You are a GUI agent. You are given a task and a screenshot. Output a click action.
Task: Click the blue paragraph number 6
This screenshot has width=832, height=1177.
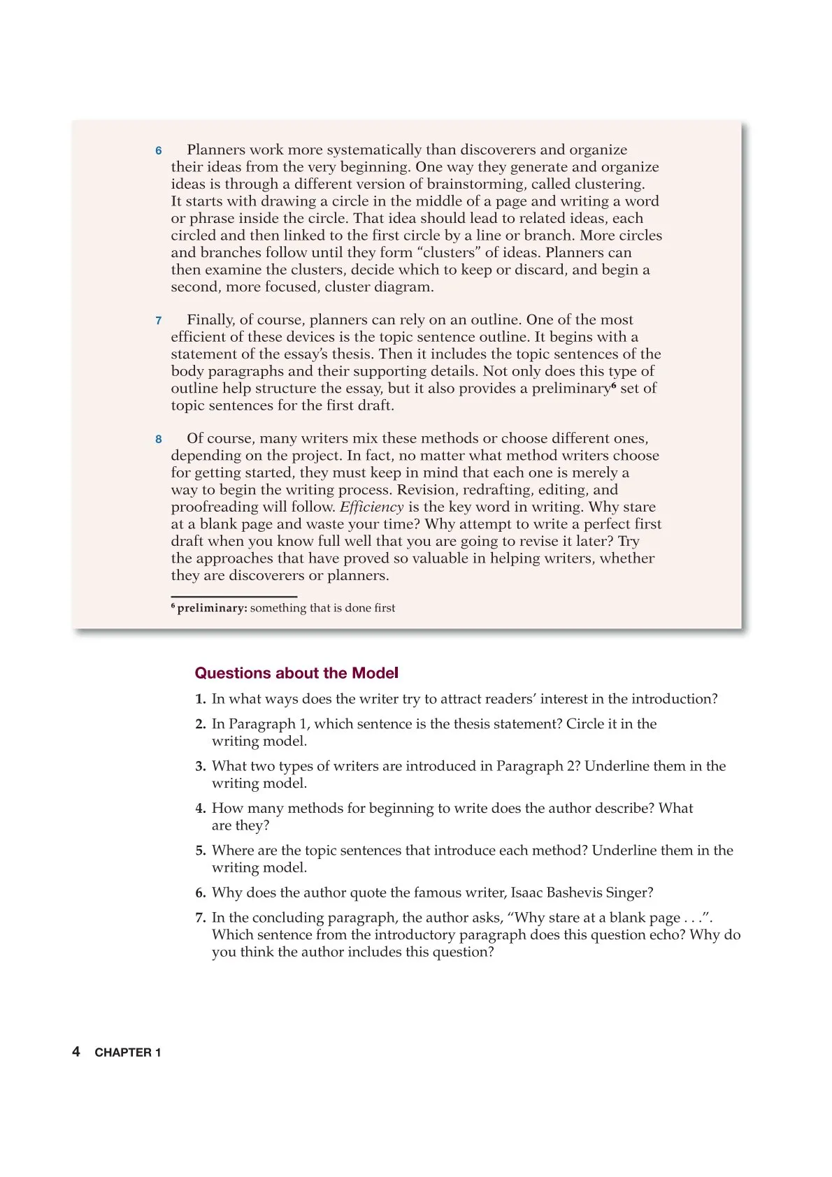159,151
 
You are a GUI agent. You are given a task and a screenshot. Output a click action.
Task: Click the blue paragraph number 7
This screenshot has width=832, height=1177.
159,321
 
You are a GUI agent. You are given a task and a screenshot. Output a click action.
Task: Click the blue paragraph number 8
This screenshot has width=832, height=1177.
159,440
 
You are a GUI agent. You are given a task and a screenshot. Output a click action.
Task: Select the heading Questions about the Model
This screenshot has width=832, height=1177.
296,673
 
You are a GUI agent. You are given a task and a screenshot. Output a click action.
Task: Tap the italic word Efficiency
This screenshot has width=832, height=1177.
371,507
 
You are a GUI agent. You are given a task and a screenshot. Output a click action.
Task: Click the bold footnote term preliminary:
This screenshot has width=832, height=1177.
212,608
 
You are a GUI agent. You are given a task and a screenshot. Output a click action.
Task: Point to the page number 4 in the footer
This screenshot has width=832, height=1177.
76,1051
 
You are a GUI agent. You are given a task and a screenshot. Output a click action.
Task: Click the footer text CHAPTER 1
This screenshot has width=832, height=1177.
128,1053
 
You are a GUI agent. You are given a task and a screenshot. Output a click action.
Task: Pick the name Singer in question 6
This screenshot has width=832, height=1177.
628,893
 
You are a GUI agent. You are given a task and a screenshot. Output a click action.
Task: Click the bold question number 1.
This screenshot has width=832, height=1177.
200,699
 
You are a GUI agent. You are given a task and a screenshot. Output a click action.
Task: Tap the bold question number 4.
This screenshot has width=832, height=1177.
200,809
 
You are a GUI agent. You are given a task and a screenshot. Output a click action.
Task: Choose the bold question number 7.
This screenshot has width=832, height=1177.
200,918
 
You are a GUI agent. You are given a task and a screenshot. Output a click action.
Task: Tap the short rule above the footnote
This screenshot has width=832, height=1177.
234,596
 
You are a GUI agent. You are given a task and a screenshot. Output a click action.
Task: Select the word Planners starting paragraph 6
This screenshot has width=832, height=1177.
216,150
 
